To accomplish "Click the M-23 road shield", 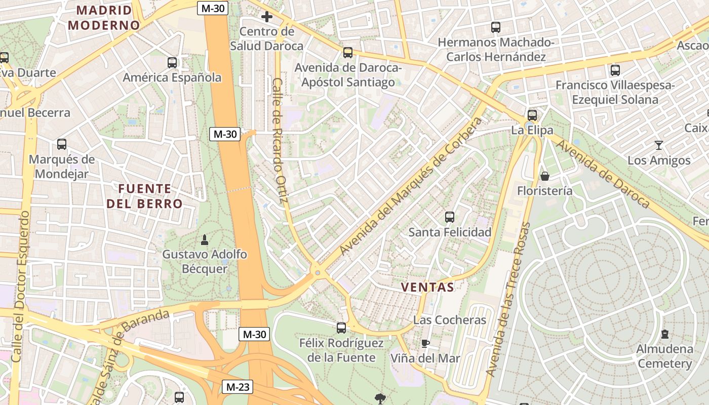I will (x=238, y=387).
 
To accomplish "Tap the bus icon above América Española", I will (x=172, y=63).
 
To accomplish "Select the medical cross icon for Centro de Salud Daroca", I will (x=267, y=17).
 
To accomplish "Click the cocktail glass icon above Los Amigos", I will (x=658, y=145).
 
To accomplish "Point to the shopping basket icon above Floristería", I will (x=545, y=176).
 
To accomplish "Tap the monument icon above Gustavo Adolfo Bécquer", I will (x=205, y=239).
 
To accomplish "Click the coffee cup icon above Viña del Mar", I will (x=425, y=344).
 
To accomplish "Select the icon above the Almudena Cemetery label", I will (x=664, y=334).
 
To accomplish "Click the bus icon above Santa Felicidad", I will (x=449, y=217).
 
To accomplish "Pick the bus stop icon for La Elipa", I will (x=532, y=115).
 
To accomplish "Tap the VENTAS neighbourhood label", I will (x=427, y=287).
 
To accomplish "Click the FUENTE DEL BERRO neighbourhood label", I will (x=144, y=196).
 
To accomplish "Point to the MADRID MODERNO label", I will (x=104, y=17).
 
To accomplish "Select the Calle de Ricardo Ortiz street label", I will (x=280, y=141).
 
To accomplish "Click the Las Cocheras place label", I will (x=450, y=320).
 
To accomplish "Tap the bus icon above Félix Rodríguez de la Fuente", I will (x=341, y=328).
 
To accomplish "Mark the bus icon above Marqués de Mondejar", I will (x=62, y=144).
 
